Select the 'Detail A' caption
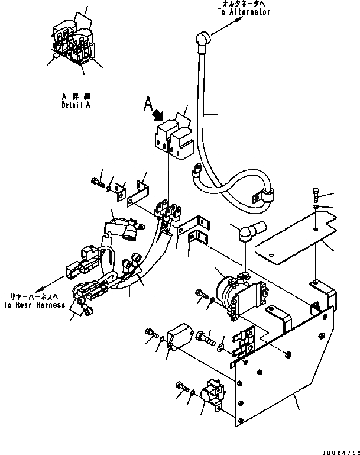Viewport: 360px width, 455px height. [x=77, y=105]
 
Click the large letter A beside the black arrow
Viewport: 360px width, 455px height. [x=149, y=105]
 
